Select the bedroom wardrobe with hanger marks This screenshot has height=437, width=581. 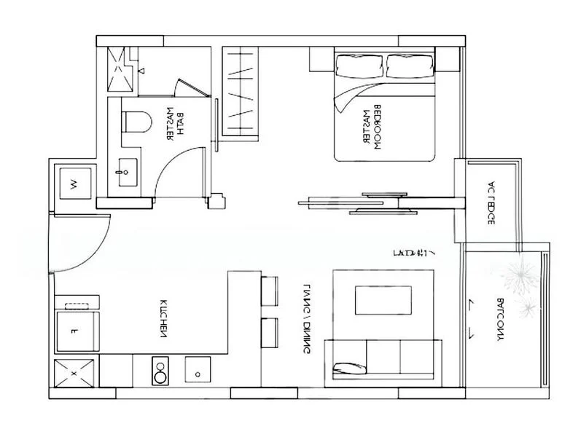pyautogui.click(x=240, y=91)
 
